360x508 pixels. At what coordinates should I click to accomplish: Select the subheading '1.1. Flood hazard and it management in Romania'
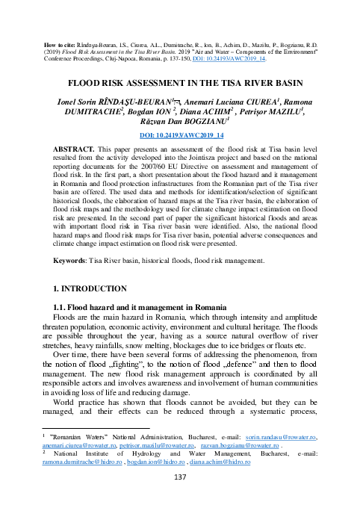click(x=131, y=306)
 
